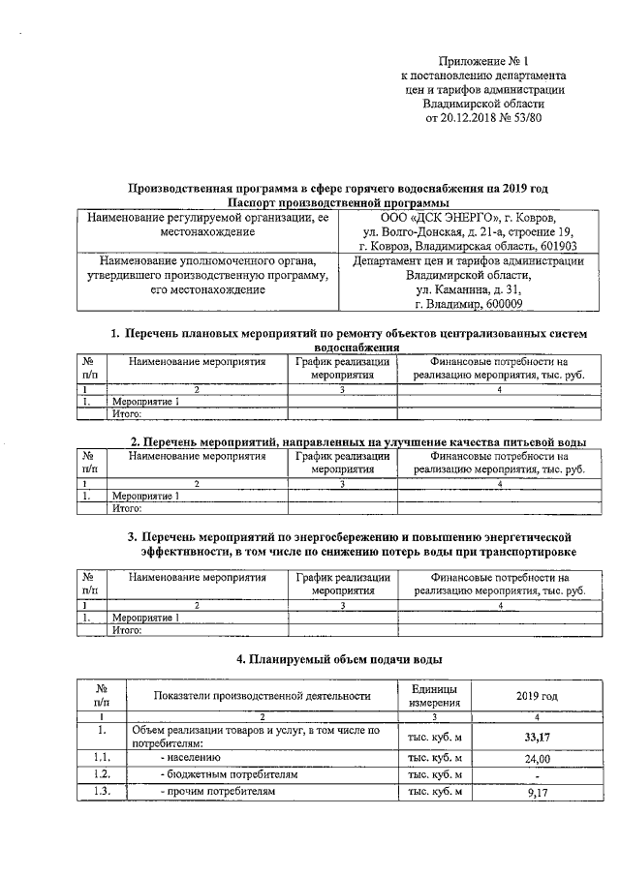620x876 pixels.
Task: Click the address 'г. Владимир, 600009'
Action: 468,305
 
